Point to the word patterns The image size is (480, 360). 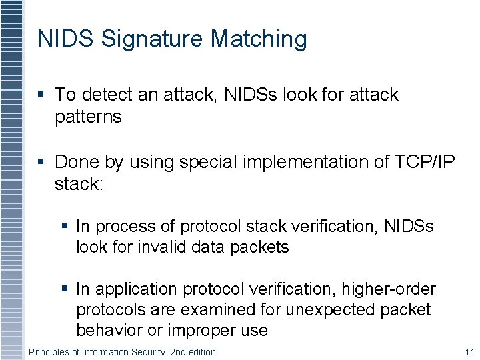point(88,117)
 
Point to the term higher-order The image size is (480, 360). point(389,289)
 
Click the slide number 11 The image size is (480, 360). point(469,351)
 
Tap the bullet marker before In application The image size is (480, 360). point(64,289)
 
